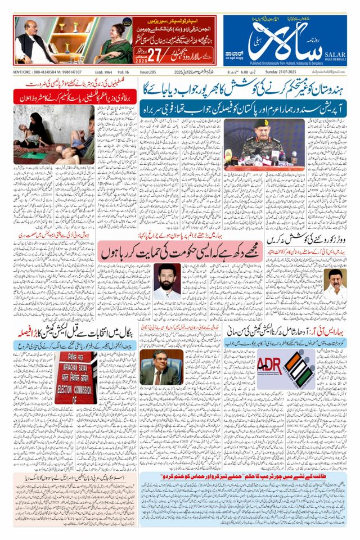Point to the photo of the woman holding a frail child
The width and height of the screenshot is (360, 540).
54,135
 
